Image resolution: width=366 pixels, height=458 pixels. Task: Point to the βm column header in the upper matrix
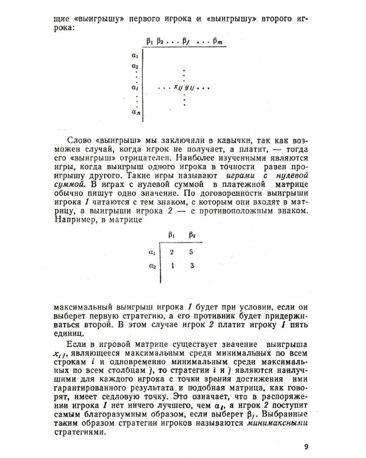(218, 42)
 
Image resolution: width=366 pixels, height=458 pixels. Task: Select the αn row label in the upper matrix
(135, 112)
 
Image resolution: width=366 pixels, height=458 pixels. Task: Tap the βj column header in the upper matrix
(192, 42)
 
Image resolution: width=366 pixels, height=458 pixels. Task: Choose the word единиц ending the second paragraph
(68, 335)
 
